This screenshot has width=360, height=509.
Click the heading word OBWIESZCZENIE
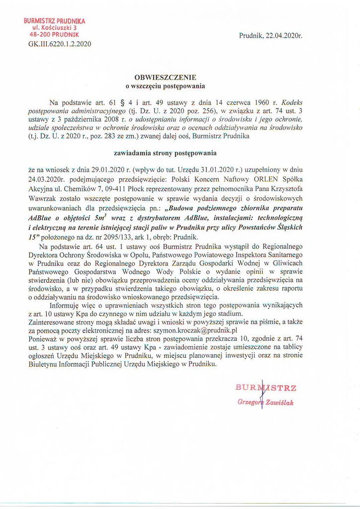point(166,77)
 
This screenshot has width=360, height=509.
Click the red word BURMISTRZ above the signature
point(266,387)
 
